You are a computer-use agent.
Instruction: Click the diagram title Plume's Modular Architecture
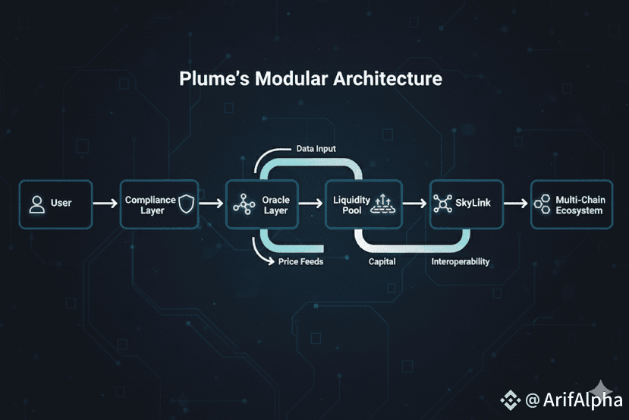(310, 79)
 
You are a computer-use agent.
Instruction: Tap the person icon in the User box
(36, 204)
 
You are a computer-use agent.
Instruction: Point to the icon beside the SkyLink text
(442, 204)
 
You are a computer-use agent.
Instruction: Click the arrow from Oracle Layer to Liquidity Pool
(311, 204)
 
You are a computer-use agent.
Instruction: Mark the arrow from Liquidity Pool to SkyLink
(415, 204)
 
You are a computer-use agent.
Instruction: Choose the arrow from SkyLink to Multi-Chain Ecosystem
(515, 204)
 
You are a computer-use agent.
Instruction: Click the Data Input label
(316, 149)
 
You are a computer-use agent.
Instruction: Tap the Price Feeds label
(300, 262)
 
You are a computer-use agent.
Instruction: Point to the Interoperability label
(460, 262)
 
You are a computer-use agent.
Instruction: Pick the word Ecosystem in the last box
(579, 210)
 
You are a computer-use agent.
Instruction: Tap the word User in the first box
(61, 204)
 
